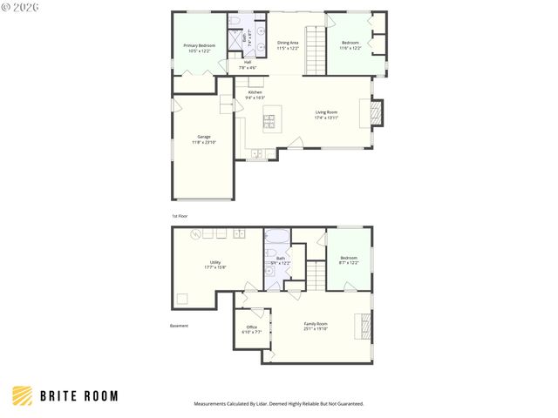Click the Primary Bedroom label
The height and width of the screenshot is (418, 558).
click(x=200, y=48)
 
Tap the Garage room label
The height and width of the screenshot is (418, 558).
click(x=204, y=138)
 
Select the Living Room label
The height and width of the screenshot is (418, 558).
click(x=326, y=113)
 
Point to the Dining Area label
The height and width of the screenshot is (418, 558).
click(x=289, y=45)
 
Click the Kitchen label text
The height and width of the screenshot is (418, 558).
click(x=255, y=94)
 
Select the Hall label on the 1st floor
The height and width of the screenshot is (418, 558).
click(x=248, y=64)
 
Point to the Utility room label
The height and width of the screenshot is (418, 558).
click(x=214, y=265)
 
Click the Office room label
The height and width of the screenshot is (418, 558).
click(x=251, y=329)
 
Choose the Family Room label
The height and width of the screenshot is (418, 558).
click(x=316, y=327)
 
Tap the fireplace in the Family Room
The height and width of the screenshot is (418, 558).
click(x=364, y=326)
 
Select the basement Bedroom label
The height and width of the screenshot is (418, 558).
click(x=348, y=260)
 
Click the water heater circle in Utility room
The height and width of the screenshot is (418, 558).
click(x=197, y=233)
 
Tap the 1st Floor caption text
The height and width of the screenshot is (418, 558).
click(x=179, y=215)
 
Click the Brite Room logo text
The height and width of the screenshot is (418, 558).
click(x=78, y=396)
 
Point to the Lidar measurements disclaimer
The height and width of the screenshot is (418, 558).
click(x=278, y=404)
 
